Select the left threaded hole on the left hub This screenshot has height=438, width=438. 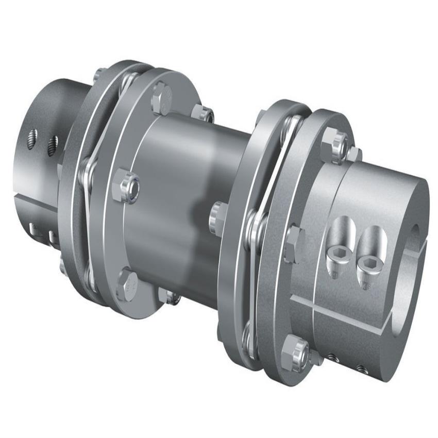(32, 139)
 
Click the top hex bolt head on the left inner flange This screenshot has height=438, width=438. (161, 97)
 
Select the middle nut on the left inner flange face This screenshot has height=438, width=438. (126, 184)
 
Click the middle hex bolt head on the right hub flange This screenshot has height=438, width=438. (294, 242)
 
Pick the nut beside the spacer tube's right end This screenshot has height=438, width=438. (218, 217)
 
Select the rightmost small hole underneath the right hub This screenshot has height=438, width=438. (361, 368)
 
